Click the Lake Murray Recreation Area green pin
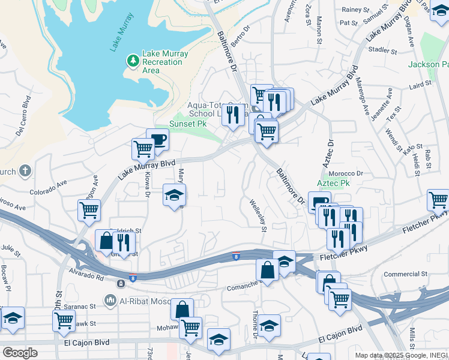coord(132,61)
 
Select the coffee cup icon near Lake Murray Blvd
coord(157,140)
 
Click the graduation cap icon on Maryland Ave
coord(174,195)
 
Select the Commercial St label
coord(405,274)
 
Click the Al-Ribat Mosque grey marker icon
coord(110,299)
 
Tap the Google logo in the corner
coord(19,352)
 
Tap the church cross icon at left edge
coord(25,171)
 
